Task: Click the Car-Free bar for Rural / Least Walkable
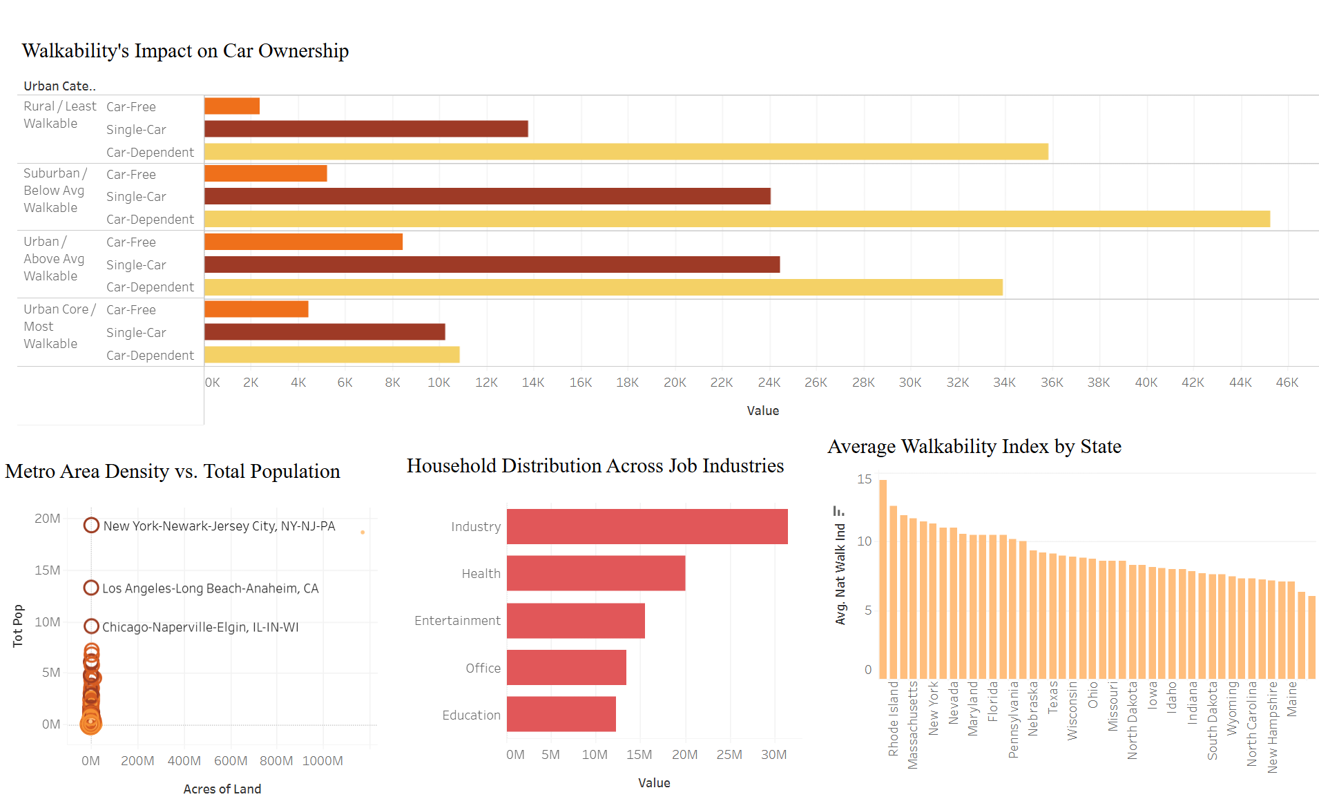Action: pyautogui.click(x=232, y=106)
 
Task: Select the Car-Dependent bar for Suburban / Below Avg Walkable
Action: pyautogui.click(x=736, y=219)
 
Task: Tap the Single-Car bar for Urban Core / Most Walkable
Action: pyautogui.click(x=325, y=332)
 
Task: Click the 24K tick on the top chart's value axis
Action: pyautogui.click(x=769, y=383)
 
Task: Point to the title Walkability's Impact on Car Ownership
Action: pyautogui.click(x=185, y=51)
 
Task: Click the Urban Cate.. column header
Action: pyautogui.click(x=59, y=86)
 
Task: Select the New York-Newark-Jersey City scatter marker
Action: pyautogui.click(x=91, y=526)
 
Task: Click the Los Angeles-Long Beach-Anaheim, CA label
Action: pyautogui.click(x=210, y=588)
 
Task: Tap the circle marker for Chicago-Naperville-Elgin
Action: pyautogui.click(x=91, y=626)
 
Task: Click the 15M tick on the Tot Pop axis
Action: pyautogui.click(x=48, y=570)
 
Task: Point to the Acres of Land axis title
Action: pyautogui.click(x=222, y=789)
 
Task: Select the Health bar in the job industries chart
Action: pyautogui.click(x=595, y=573)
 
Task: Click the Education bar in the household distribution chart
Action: pyautogui.click(x=561, y=714)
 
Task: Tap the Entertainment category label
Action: pyautogui.click(x=457, y=621)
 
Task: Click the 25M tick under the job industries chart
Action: pyautogui.click(x=729, y=755)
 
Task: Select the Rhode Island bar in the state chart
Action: pyautogui.click(x=883, y=579)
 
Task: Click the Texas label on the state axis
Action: pyautogui.click(x=1053, y=697)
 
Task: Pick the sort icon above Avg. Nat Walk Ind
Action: pyautogui.click(x=839, y=511)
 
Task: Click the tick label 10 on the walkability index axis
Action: pyautogui.click(x=865, y=541)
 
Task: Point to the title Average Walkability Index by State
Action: pyautogui.click(x=974, y=447)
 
